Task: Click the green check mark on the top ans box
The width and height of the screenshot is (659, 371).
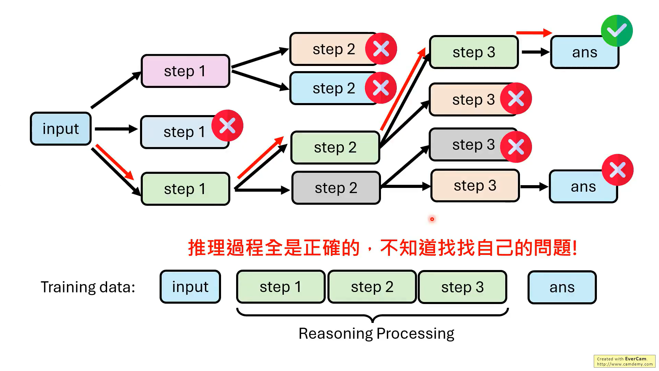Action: [x=617, y=31]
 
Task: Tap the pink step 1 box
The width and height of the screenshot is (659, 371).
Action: [x=185, y=71]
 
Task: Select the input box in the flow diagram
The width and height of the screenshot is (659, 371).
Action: [x=61, y=129]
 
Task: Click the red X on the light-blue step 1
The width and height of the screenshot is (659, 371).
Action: [x=227, y=125]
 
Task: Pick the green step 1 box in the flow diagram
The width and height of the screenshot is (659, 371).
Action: [x=185, y=189]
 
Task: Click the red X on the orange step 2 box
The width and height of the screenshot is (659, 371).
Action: [x=381, y=49]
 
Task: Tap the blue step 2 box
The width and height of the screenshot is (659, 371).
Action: [x=329, y=88]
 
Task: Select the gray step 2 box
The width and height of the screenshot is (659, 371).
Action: [x=336, y=188]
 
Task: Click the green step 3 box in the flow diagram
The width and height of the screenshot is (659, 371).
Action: [x=474, y=52]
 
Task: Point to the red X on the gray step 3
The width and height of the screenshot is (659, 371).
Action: [x=516, y=147]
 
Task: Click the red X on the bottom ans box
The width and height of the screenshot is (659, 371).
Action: [x=617, y=170]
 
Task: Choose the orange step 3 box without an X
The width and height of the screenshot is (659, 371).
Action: [x=475, y=185]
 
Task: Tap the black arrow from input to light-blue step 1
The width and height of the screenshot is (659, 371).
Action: [x=116, y=129]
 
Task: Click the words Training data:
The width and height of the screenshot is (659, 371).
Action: [x=88, y=287]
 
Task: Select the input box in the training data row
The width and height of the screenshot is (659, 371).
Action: [x=190, y=287]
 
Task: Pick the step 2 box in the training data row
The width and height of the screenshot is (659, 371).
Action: [x=372, y=287]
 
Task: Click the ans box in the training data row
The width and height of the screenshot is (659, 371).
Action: [x=562, y=287]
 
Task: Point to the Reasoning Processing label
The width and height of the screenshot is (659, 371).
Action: [x=376, y=334]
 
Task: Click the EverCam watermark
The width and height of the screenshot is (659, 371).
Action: [x=624, y=361]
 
